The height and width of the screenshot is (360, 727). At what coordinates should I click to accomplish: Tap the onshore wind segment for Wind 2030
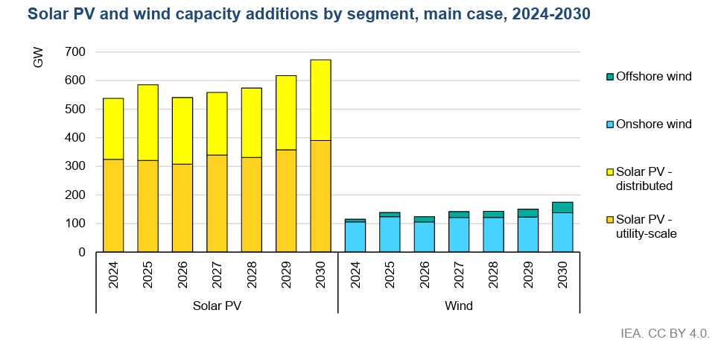tap(562, 233)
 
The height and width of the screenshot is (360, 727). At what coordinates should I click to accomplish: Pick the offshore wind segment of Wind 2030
tap(562, 207)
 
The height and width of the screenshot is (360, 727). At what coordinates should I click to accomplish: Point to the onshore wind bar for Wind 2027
tap(459, 235)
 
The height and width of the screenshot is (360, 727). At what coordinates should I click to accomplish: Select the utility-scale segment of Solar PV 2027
tap(217, 203)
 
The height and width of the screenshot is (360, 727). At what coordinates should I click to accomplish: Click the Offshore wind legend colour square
tap(610, 76)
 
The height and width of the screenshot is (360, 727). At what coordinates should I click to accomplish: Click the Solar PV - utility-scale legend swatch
tap(610, 220)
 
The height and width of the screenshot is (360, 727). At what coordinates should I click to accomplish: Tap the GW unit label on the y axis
tap(39, 57)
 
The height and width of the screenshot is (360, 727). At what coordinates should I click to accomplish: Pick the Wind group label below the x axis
tap(459, 306)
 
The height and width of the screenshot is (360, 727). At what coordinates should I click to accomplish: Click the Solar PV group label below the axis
tap(217, 306)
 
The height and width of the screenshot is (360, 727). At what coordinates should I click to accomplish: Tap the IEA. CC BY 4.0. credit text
tap(664, 332)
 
